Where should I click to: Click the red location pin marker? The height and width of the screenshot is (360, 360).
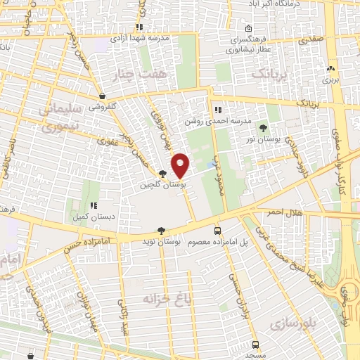point(181,166)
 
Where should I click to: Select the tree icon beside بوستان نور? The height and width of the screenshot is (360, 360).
point(264,128)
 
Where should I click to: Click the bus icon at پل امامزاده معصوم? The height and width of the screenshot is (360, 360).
point(217,230)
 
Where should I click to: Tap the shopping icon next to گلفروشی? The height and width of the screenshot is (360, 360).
point(103,96)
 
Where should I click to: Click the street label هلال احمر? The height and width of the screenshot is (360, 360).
point(283,212)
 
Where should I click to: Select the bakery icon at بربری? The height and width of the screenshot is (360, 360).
point(331,69)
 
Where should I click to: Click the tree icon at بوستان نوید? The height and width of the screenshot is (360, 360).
point(162,231)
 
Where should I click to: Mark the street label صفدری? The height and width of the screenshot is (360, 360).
point(309,41)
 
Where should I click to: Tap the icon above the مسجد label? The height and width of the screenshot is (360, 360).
point(254,345)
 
